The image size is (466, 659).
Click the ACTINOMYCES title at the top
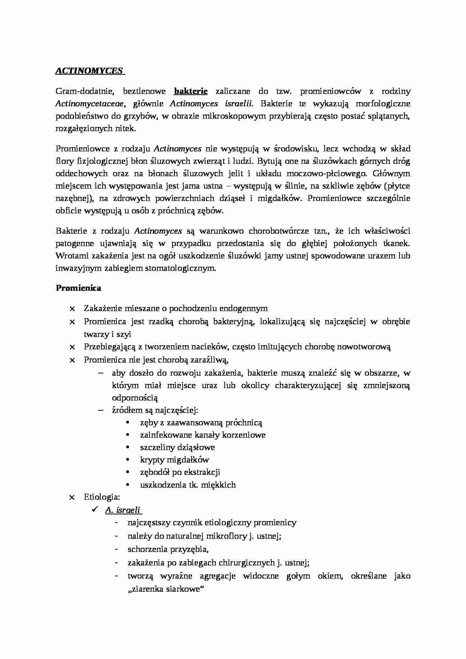89,71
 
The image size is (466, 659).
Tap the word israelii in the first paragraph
238,103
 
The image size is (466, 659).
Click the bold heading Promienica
79,288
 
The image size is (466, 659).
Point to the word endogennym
244,308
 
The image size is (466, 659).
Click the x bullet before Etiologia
72,497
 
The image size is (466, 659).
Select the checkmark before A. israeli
95,510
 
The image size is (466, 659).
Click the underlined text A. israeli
123,510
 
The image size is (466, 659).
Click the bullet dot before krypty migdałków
128,459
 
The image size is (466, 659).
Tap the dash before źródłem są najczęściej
100,410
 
